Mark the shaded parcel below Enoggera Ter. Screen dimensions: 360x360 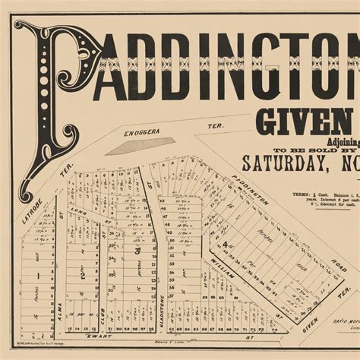click(137, 146)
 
